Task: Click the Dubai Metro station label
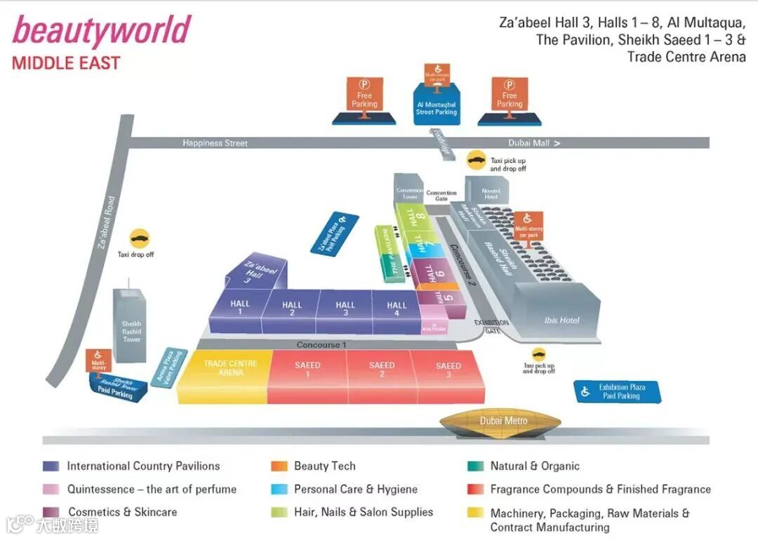tap(503, 421)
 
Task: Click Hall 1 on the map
tap(240, 309)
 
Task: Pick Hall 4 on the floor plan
tap(397, 310)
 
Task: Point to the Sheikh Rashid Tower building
tap(131, 326)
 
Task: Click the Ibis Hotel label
tap(562, 320)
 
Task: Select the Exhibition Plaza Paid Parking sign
tap(618, 392)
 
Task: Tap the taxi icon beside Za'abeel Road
tap(140, 238)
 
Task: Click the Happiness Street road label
tap(215, 143)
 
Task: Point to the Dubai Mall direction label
tap(534, 143)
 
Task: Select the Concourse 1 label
tap(321, 345)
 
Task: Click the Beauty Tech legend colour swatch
tap(279, 467)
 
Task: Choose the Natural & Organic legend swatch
tap(475, 467)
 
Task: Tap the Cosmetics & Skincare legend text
tap(122, 512)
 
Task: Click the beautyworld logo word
tap(102, 32)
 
